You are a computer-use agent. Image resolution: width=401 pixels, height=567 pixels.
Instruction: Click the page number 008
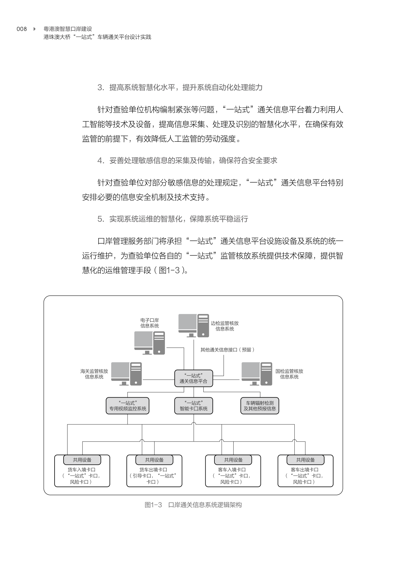(22, 29)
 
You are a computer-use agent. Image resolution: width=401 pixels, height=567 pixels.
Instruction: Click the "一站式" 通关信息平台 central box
(193, 378)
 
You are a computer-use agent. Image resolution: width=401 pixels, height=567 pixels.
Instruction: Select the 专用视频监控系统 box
(128, 406)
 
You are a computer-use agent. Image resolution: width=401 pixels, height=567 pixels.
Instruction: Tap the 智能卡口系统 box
(193, 406)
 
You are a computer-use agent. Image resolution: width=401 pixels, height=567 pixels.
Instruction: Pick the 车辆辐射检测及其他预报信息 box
(260, 406)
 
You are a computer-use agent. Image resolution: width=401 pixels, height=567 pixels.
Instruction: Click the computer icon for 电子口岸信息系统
(149, 343)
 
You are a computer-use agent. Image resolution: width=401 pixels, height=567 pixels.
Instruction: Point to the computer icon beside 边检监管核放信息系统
(193, 326)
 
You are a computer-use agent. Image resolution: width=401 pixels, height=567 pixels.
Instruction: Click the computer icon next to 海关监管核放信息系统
(126, 374)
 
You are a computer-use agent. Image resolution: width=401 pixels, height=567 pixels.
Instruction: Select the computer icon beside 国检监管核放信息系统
(257, 374)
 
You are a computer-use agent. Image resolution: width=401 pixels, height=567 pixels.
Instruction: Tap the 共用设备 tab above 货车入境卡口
(82, 460)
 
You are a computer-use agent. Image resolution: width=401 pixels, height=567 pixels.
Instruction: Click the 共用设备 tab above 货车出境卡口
(154, 460)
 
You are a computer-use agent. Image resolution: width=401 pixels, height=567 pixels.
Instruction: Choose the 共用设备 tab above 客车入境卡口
(233, 460)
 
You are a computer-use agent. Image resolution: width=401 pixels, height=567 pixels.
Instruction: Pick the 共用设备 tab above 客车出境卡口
(305, 460)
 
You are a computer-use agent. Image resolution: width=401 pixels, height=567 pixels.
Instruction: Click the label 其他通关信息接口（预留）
(227, 350)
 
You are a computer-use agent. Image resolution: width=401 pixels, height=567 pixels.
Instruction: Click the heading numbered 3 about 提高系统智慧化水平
(180, 87)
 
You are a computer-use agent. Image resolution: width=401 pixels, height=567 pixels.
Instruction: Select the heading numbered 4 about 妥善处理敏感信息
(187, 161)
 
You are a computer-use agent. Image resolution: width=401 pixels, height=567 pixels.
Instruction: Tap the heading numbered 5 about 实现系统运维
(173, 219)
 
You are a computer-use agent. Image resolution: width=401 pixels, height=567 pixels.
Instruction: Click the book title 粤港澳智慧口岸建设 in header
(68, 29)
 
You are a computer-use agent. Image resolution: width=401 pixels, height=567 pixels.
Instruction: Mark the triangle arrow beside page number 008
(35, 29)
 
